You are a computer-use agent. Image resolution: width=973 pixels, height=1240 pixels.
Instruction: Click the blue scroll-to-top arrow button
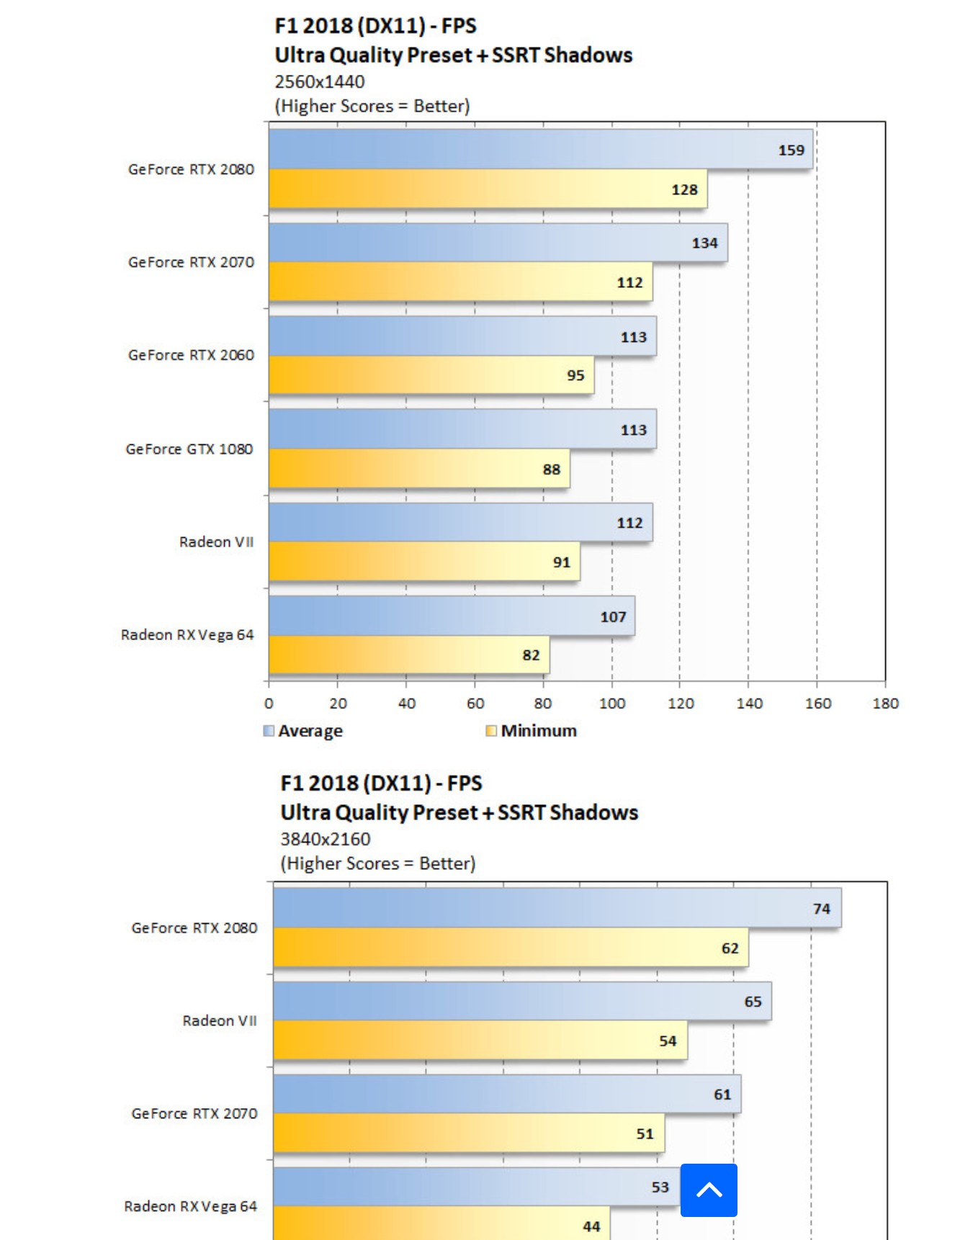coord(709,1190)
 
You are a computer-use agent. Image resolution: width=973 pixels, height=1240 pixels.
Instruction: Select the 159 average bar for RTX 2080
coord(540,149)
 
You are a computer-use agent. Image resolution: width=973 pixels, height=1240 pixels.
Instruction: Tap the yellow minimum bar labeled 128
coord(488,189)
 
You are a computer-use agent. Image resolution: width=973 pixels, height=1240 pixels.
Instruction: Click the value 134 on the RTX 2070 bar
coord(704,243)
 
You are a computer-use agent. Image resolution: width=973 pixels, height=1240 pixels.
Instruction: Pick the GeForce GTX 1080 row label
coord(189,449)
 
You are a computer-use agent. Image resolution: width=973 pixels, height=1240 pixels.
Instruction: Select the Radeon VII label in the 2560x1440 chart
coord(216,542)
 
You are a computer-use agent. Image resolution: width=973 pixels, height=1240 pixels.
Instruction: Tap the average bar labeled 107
coord(452,616)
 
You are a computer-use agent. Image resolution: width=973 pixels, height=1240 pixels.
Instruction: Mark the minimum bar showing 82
coord(409,655)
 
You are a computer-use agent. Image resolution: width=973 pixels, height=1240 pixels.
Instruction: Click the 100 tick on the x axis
coord(612,704)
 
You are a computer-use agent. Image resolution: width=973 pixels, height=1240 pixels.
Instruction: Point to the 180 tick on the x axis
coord(885,704)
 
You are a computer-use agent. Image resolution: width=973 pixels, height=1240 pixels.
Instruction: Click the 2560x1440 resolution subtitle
coord(320,81)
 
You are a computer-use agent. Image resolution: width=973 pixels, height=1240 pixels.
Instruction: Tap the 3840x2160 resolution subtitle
coord(326,839)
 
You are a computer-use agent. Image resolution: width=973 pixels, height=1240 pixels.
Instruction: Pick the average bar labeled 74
coord(557,908)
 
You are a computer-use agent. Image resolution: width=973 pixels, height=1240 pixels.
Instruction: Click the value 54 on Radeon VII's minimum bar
coord(668,1041)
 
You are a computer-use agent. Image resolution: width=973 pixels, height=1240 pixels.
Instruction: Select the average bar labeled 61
coord(507,1094)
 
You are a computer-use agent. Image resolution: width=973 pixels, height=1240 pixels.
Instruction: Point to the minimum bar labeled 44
coord(441,1224)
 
